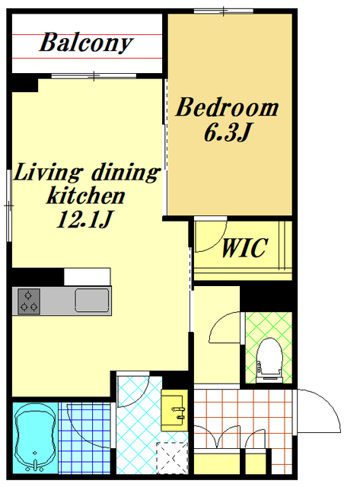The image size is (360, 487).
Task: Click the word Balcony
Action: pyautogui.click(x=86, y=43)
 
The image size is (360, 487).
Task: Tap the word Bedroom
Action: pyautogui.click(x=227, y=107)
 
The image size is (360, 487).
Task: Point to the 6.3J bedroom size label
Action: pyautogui.click(x=227, y=132)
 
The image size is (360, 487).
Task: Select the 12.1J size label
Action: pyautogui.click(x=84, y=219)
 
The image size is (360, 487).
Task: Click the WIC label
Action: pyautogui.click(x=244, y=248)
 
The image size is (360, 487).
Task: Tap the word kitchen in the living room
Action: pyautogui.click(x=86, y=196)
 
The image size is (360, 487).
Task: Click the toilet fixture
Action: pyautogui.click(x=270, y=360)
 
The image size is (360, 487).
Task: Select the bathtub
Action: pyautogui.click(x=35, y=438)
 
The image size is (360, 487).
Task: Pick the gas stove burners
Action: pyautogui.click(x=29, y=301)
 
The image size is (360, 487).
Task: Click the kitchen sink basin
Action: pyautogui.click(x=92, y=301)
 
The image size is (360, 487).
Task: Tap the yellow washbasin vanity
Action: pyautogui.click(x=174, y=410)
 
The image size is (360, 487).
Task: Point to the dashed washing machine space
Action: pyautogui.click(x=173, y=458)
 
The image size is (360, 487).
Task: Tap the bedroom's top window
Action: pyautogui.click(x=224, y=11)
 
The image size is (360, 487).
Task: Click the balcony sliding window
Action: pyautogui.click(x=94, y=76)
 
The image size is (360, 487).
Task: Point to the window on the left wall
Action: pyautogui.click(x=9, y=205)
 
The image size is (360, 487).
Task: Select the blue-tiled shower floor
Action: pyautogui.click(x=84, y=438)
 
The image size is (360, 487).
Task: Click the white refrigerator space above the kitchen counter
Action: pyautogui.click(x=88, y=277)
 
